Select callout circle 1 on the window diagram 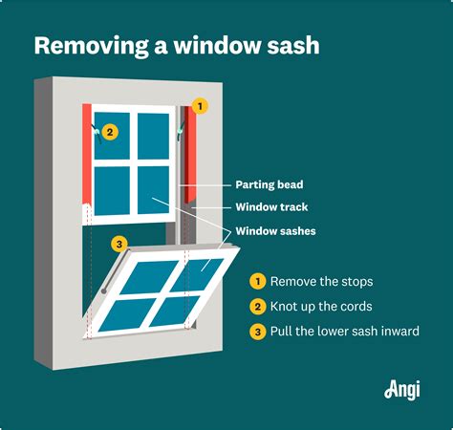tap(200, 105)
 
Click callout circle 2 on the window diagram tap(110, 133)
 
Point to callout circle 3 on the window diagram tap(119, 245)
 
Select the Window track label tap(271, 207)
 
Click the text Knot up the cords tap(320, 307)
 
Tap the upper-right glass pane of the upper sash tap(153, 136)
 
